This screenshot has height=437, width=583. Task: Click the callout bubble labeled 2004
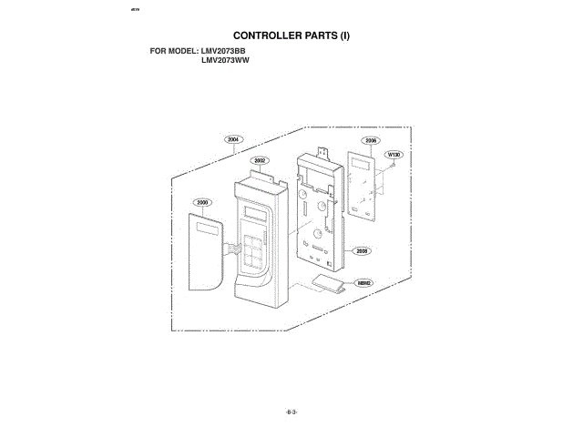pyautogui.click(x=233, y=139)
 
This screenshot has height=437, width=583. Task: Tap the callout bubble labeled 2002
pyautogui.click(x=260, y=160)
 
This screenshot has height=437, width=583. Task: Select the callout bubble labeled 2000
pyautogui.click(x=202, y=201)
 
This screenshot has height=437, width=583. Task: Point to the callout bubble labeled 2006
pyautogui.click(x=371, y=141)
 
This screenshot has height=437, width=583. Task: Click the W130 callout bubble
pyautogui.click(x=394, y=155)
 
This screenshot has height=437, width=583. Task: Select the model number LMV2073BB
pyautogui.click(x=225, y=50)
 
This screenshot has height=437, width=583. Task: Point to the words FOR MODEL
pyautogui.click(x=174, y=50)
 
